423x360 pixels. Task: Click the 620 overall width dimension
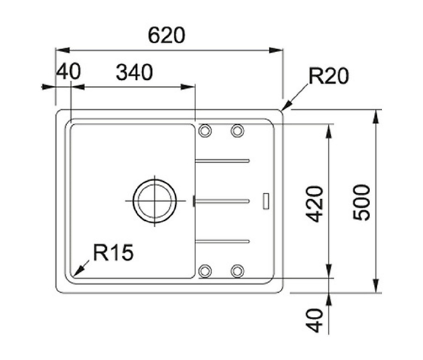click(x=166, y=35)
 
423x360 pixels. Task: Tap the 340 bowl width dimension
click(x=134, y=73)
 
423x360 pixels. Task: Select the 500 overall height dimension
click(x=362, y=202)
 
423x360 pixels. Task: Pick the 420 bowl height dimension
click(x=314, y=204)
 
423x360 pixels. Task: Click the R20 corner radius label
click(x=329, y=76)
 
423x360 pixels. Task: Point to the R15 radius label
click(x=113, y=253)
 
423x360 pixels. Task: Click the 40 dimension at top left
click(x=68, y=71)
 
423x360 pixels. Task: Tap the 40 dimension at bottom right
click(x=314, y=320)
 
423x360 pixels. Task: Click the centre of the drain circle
click(x=155, y=201)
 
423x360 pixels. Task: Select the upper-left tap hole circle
click(x=205, y=131)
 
